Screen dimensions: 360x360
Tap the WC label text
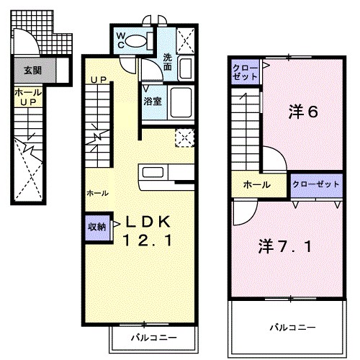point(121,40)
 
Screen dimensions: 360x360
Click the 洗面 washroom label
point(167,63)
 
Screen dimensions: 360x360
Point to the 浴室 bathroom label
point(151,101)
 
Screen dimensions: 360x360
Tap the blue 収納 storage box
point(98,226)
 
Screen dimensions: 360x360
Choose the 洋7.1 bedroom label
point(285,248)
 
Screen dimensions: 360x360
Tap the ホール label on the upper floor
point(256,185)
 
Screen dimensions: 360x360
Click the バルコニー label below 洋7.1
point(292,327)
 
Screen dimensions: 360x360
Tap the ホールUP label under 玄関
point(27,98)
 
